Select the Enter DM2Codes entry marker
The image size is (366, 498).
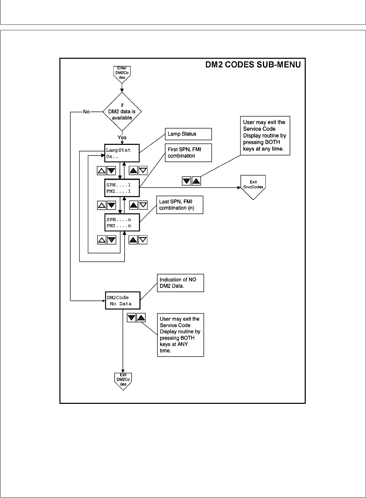pyautogui.click(x=122, y=73)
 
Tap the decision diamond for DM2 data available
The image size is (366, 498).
pyautogui.click(x=122, y=111)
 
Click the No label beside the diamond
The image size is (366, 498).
pyautogui.click(x=86, y=112)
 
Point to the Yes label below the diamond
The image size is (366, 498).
pyautogui.click(x=122, y=137)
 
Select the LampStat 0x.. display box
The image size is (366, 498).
pyautogui.click(x=122, y=153)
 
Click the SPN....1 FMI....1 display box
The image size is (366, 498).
pyautogui.click(x=122, y=188)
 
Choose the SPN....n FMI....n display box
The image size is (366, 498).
pyautogui.click(x=122, y=222)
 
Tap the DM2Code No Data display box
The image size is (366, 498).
pyautogui.click(x=123, y=301)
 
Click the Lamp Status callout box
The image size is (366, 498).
pyautogui.click(x=188, y=134)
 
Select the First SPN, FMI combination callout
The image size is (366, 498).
pyautogui.click(x=188, y=153)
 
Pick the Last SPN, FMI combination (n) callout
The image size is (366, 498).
pyautogui.click(x=180, y=205)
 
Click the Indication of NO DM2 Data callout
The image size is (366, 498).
pyautogui.click(x=180, y=283)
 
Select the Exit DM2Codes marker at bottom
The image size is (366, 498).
pyautogui.click(x=123, y=381)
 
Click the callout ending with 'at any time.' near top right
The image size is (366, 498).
pyautogui.click(x=265, y=135)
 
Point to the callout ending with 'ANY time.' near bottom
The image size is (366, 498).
pyautogui.click(x=180, y=335)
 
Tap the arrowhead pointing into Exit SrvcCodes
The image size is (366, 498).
pyautogui.click(x=238, y=188)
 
